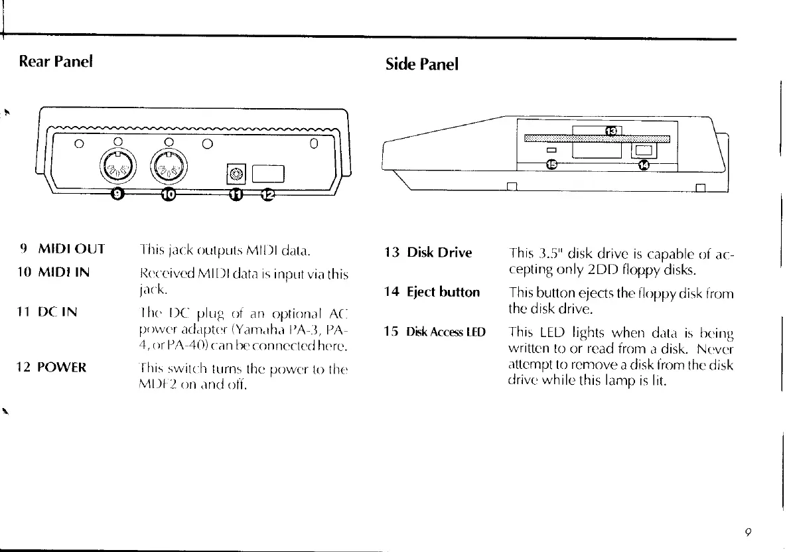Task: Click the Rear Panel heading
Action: (56, 62)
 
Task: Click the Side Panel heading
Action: (421, 64)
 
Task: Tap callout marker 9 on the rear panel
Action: (117, 193)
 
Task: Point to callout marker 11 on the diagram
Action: (237, 194)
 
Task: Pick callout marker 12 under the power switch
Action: (267, 194)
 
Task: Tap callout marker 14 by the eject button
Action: (643, 165)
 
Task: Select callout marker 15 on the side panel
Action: (551, 164)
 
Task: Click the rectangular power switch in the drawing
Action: (269, 174)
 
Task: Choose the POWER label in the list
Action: (62, 367)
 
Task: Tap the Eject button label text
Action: (443, 292)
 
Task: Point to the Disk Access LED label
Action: (446, 331)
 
